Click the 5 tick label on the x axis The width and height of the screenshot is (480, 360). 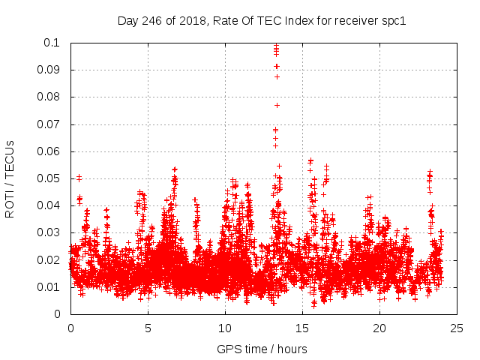pos(148,328)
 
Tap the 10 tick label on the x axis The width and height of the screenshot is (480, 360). pos(225,328)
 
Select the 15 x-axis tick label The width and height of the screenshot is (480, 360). pos(302,328)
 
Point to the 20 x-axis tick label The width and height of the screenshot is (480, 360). pos(379,328)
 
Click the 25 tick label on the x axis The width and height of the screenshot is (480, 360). pos(457,328)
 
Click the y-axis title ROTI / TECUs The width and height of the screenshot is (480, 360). pos(10,178)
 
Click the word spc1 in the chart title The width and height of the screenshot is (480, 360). pos(393,20)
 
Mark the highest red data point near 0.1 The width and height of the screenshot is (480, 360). pos(276,46)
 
